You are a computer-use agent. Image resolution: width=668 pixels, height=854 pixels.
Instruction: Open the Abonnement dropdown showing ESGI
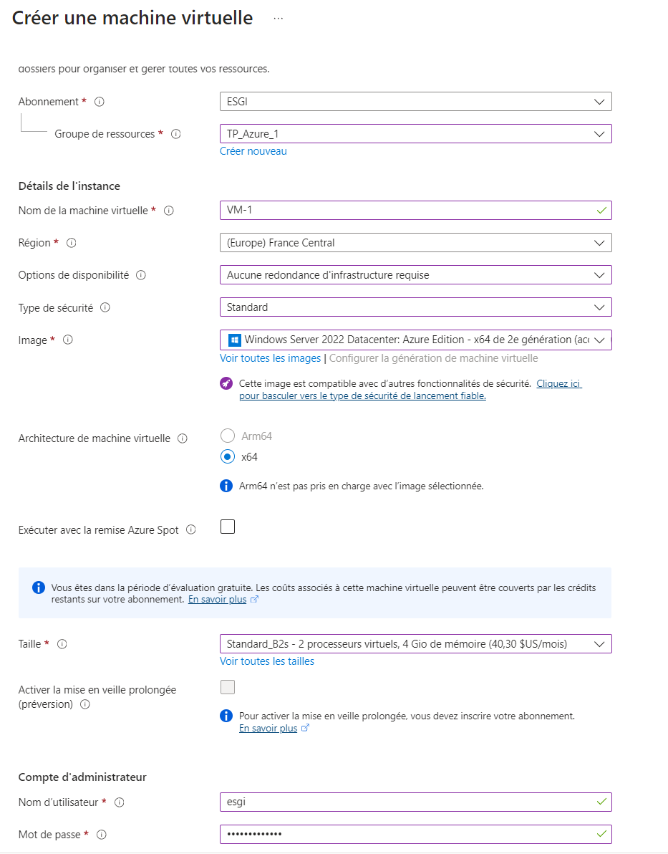click(x=415, y=102)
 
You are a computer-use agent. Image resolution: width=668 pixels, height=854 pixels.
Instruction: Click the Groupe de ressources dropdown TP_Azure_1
click(x=415, y=134)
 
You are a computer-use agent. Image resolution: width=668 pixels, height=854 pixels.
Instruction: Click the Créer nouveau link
click(x=253, y=151)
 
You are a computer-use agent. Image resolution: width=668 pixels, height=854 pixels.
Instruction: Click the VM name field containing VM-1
click(x=408, y=210)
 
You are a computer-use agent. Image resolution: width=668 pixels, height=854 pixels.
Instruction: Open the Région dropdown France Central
click(x=415, y=243)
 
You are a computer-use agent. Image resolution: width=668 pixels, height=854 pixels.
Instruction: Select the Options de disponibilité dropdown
click(x=415, y=275)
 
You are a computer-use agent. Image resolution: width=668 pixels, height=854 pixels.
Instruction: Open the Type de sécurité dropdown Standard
click(x=415, y=307)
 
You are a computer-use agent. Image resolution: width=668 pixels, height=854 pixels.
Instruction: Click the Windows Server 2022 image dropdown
click(x=415, y=340)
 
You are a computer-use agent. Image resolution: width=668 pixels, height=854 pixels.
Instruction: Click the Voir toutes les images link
click(x=270, y=358)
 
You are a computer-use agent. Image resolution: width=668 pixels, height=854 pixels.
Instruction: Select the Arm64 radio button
click(x=228, y=436)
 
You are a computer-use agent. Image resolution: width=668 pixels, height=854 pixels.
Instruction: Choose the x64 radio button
click(x=228, y=456)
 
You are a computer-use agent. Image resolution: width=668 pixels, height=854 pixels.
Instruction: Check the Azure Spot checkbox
click(x=228, y=527)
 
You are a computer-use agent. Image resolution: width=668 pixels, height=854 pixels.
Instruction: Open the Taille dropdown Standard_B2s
click(x=415, y=643)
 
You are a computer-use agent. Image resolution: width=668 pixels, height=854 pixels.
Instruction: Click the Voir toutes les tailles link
click(x=267, y=661)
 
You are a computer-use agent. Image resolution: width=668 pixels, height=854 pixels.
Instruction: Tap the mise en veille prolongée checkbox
click(x=228, y=688)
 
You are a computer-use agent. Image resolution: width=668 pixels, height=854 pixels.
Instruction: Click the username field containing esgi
click(x=408, y=802)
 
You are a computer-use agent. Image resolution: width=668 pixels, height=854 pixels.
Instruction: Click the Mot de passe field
click(x=408, y=834)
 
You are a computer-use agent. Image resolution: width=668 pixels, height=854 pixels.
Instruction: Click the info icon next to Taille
click(x=62, y=644)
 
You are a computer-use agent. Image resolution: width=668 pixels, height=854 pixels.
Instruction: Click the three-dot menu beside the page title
click(x=279, y=19)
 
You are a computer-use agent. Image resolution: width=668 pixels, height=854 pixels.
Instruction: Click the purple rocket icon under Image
click(x=227, y=384)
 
